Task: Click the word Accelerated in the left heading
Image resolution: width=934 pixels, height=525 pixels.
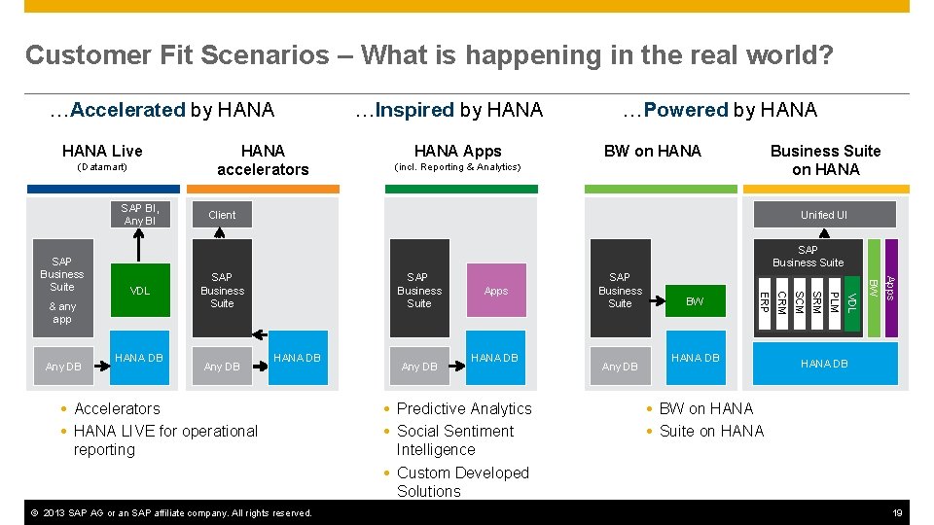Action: pos(127,110)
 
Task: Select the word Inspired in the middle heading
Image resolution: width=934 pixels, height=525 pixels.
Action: pos(415,110)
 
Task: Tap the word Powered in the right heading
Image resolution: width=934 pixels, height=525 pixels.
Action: pos(686,110)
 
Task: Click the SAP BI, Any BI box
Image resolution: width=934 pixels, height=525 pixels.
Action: pos(139,215)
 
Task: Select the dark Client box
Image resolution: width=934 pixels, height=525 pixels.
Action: pos(223,215)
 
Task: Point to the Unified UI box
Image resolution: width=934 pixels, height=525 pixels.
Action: pos(823,215)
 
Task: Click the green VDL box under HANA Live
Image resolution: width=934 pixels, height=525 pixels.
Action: pos(140,291)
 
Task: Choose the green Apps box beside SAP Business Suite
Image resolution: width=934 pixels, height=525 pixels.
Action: pos(496,291)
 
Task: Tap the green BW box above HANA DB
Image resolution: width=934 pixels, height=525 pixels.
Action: pos(695,302)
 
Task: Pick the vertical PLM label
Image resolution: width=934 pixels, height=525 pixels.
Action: pos(833,302)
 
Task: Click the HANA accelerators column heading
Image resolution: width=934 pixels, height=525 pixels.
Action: pos(263,159)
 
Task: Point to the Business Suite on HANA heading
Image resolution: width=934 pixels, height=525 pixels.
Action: pos(825,159)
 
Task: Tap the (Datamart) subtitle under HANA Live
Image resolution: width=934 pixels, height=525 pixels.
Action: pos(102,167)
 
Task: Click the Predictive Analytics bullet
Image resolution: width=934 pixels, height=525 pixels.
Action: pos(464,408)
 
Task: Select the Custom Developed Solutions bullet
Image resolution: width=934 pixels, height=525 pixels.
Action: pos(462,481)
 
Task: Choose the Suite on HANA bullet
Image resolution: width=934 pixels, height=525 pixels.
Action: pos(711,431)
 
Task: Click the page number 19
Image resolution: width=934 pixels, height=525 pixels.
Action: pos(900,512)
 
